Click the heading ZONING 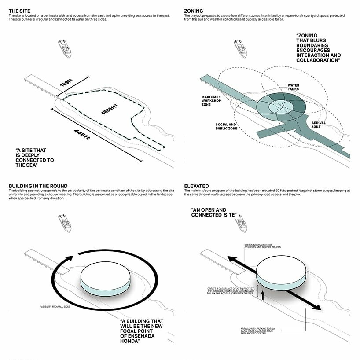[194, 10]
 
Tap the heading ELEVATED [197, 186]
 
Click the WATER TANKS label [293, 87]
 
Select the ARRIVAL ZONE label [318, 125]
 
